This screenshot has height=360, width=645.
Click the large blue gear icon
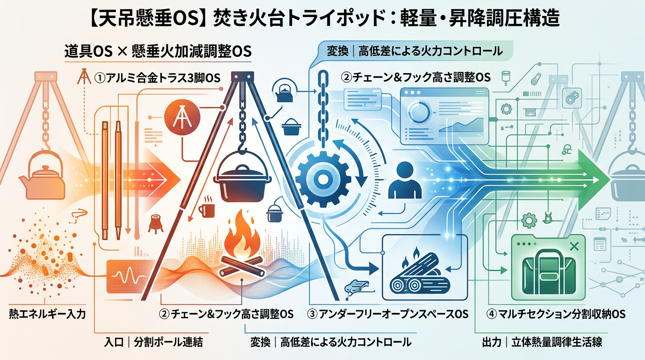[x=323, y=179]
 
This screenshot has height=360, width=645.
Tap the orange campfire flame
[x=241, y=235]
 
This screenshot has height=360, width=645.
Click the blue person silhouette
[x=405, y=180]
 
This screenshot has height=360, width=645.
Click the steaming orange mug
[x=207, y=207]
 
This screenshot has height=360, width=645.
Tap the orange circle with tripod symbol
[x=182, y=118]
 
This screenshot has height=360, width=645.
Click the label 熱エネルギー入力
[x=47, y=314]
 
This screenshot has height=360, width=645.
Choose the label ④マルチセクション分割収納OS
[x=556, y=314]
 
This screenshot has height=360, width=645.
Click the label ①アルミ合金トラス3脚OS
[x=157, y=78]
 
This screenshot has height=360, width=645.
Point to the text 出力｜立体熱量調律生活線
[x=542, y=343]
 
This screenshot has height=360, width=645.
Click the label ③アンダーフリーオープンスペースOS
[x=388, y=314]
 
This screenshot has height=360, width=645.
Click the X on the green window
[x=574, y=247]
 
